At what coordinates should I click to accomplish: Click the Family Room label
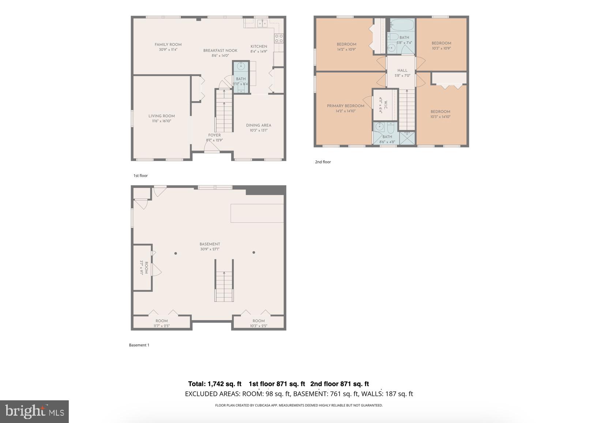168,45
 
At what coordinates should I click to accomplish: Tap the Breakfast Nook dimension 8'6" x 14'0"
220,56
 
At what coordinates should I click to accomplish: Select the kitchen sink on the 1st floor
262,24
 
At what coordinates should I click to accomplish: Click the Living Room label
161,116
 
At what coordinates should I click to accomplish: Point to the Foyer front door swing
211,147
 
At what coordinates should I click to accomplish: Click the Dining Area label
258,125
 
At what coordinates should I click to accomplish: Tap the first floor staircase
224,112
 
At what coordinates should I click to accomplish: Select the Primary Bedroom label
345,106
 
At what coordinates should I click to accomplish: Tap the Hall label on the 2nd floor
402,70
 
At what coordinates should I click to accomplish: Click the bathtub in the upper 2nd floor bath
401,25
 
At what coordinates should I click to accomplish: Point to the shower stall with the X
407,138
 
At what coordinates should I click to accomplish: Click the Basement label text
210,244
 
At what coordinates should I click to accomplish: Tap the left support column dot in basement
176,253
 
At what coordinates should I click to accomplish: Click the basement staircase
224,285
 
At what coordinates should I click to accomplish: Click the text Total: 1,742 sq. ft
215,384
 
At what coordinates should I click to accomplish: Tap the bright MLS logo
34,412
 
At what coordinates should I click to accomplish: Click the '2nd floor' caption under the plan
323,162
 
